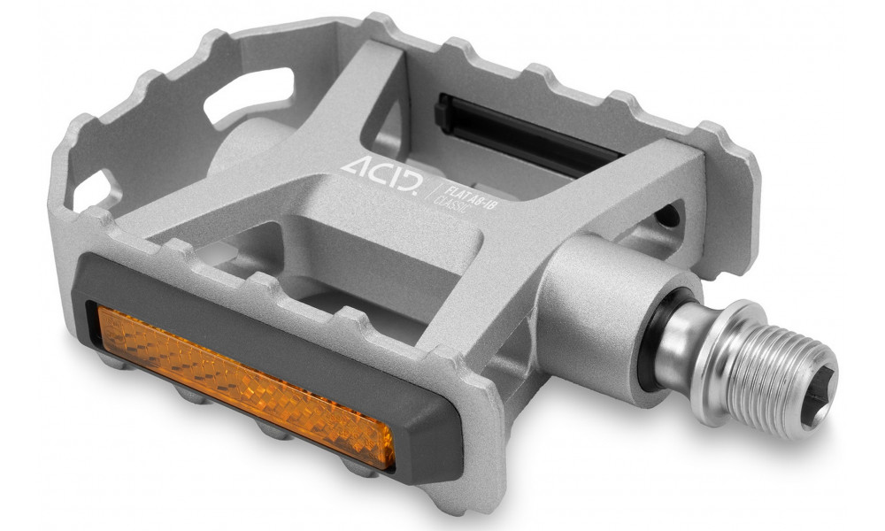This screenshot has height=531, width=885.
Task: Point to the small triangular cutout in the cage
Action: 96,189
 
